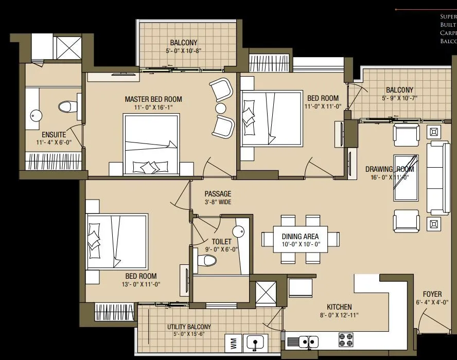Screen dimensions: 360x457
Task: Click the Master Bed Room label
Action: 153,99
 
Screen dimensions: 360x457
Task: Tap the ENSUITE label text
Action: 54,135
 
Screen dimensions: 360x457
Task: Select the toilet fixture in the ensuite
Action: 65,106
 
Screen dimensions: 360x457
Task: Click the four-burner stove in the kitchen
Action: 345,339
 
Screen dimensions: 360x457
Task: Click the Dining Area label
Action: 300,237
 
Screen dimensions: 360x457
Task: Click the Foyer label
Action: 432,294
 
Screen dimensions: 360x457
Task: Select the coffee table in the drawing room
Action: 406,177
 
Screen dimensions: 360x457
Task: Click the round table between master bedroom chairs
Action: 221,108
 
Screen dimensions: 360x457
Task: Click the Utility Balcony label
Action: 189,327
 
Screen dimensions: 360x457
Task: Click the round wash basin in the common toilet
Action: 238,232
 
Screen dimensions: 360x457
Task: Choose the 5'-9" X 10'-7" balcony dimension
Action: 399,98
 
